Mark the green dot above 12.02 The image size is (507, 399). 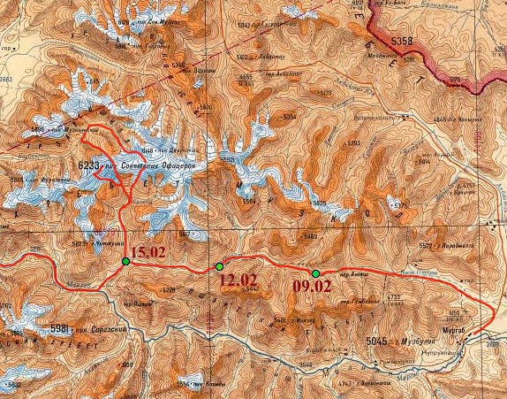tap(219, 266)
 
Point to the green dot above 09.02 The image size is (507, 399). tap(315, 272)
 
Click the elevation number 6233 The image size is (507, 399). tap(90, 165)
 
